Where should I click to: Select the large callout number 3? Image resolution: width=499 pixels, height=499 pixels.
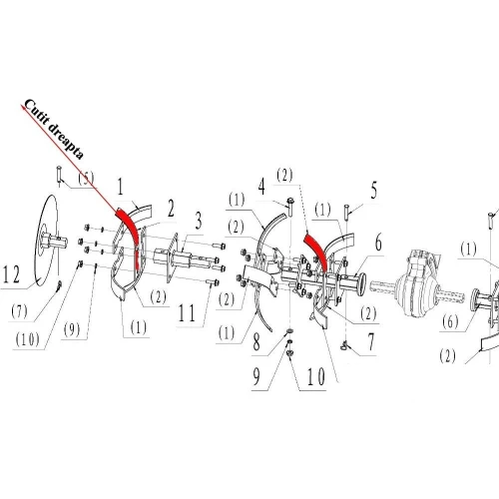199,221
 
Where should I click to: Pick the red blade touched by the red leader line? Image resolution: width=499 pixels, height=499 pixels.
128,240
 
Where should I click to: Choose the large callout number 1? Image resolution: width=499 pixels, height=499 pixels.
120,188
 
